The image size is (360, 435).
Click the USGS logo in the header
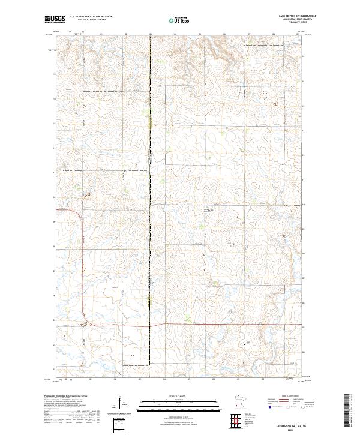pos(53,19)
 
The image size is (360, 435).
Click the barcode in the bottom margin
pos(349,410)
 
